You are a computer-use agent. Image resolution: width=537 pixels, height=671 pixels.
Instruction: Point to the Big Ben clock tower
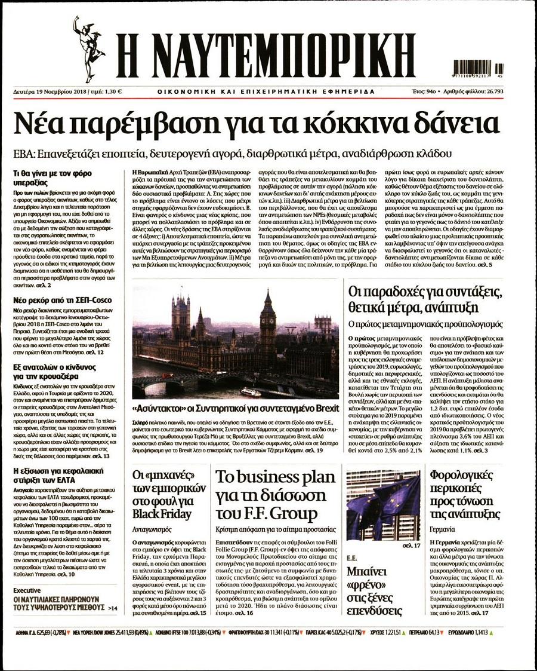(x=268, y=323)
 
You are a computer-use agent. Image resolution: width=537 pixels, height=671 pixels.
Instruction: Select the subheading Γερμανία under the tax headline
(x=443, y=529)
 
